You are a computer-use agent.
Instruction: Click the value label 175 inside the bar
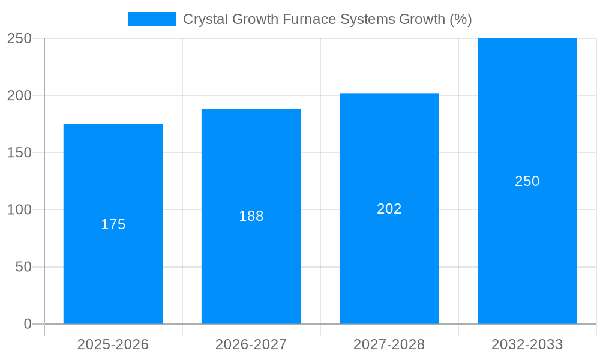113,224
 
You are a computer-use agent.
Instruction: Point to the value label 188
251,216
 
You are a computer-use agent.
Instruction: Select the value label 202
389,209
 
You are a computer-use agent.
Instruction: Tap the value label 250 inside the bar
527,181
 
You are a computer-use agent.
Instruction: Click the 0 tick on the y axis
28,324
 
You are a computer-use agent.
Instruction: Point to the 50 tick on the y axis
23,267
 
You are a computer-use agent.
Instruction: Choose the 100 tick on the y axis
19,210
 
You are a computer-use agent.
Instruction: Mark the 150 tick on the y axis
19,153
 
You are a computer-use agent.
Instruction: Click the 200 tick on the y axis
19,96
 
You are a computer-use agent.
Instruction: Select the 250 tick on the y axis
19,38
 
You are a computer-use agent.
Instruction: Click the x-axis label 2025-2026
113,344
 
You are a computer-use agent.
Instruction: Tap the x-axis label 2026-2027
251,344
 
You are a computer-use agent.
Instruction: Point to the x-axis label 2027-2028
389,344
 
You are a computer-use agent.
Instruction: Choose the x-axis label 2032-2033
527,344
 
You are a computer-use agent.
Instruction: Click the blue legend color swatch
152,19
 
